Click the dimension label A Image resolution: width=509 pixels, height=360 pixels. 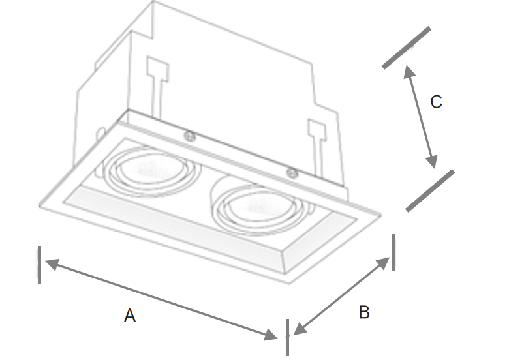(x=130, y=316)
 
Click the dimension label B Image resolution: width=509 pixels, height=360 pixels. (x=364, y=312)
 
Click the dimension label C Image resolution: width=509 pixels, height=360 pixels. (x=436, y=102)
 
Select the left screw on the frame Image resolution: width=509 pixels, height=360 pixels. (x=190, y=136)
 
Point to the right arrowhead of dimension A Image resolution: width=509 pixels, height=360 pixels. (x=272, y=335)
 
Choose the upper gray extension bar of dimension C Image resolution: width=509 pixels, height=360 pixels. (x=407, y=47)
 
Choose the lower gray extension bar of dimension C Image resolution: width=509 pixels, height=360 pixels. (x=430, y=190)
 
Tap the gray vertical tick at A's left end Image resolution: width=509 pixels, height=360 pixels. (x=40, y=264)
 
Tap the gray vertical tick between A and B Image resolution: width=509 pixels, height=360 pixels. (x=287, y=337)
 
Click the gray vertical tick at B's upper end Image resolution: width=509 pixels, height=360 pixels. (x=393, y=253)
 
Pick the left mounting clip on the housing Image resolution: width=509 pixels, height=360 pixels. (x=157, y=78)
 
